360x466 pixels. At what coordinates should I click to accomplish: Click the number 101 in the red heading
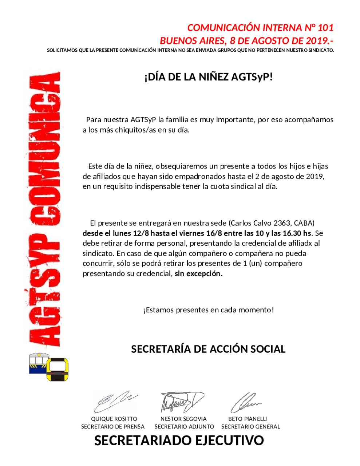point(325,28)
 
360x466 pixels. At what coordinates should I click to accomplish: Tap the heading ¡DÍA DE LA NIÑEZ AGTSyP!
point(208,77)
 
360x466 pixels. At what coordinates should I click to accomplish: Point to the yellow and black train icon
point(58,370)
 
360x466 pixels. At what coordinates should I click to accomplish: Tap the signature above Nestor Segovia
point(182,402)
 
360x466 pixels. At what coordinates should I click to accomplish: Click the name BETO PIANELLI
point(248,419)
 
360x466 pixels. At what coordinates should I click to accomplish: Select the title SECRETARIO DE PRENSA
point(113,427)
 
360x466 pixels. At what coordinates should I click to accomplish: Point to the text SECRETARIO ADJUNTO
point(184,427)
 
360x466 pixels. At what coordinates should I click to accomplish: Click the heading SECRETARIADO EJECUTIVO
point(179,441)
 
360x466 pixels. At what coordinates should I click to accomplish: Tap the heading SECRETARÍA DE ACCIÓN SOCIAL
point(208,349)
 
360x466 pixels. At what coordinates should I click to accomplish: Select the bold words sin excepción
point(198,273)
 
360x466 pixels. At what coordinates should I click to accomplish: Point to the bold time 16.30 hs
point(295,233)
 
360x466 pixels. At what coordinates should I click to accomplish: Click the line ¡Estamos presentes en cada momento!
point(208,310)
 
